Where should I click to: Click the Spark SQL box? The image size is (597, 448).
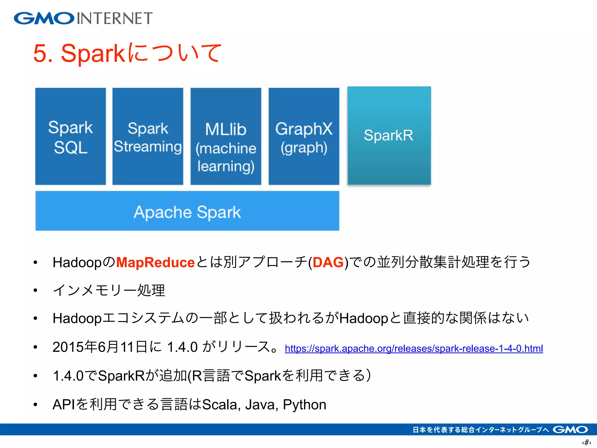70,136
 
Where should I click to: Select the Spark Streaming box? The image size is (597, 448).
148,136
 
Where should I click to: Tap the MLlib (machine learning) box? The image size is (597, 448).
226,136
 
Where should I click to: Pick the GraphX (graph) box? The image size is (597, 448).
304,136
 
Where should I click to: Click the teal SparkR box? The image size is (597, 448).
389,136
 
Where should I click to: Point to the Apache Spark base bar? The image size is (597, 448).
187,211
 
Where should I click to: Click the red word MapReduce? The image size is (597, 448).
155,262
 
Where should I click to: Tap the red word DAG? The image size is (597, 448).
328,262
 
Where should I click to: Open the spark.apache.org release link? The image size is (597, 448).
414,349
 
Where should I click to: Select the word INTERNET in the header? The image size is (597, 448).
115,18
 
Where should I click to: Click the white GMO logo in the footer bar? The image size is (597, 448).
570,430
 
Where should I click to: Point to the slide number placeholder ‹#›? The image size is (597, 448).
586,442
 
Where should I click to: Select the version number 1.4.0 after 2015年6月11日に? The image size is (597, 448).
182,347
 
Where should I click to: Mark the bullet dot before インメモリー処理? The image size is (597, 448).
36,290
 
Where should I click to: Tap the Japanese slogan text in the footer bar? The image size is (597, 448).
480,430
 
